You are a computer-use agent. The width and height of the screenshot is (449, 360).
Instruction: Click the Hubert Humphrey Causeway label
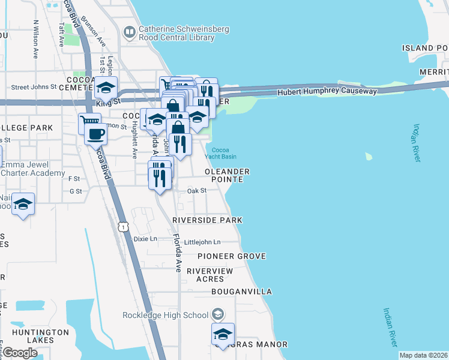[x=327, y=92]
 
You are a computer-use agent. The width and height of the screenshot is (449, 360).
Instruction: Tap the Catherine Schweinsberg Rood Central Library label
[x=176, y=33]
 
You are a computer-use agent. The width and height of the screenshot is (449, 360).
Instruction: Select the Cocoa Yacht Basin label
[x=220, y=152]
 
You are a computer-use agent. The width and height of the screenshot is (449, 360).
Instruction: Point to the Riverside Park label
[x=207, y=220]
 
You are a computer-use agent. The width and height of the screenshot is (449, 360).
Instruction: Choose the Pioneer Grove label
[x=232, y=256]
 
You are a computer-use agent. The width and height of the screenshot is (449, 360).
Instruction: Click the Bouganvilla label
[x=241, y=292]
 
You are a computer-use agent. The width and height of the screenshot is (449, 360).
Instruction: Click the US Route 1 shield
[x=122, y=226]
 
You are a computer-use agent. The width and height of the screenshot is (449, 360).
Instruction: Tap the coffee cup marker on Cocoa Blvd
[x=95, y=133]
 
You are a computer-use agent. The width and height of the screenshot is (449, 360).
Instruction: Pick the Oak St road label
[x=197, y=190]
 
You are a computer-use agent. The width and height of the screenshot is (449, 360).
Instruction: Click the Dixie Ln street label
[x=145, y=238]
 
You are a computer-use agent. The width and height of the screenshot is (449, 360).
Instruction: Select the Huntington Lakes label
[x=41, y=336]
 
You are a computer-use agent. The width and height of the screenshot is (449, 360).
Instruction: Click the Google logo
[x=19, y=352]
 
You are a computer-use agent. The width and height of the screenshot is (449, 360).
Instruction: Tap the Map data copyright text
[x=423, y=355]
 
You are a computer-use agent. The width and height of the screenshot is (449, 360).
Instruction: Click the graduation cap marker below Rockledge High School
[x=223, y=334]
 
